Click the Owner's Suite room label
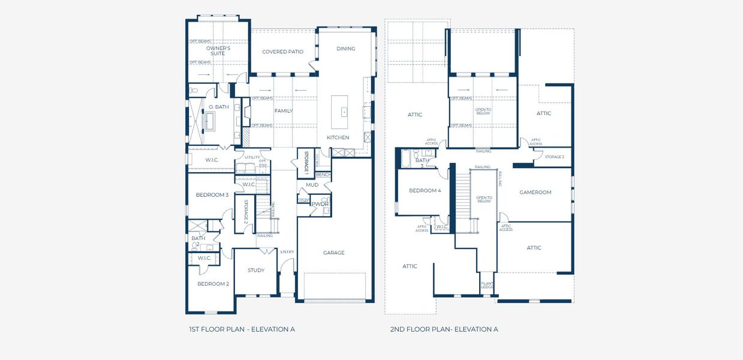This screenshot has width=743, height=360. pyautogui.click(x=218, y=50)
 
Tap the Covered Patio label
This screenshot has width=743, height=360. pyautogui.click(x=282, y=52)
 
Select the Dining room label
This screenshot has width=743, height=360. pyautogui.click(x=345, y=49)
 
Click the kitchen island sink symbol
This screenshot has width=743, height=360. pyautogui.click(x=344, y=112)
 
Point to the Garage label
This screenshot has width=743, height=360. pyautogui.click(x=334, y=253)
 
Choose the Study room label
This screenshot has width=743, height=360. pyautogui.click(x=256, y=270)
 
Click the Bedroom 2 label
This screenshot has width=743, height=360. pyautogui.click(x=213, y=284)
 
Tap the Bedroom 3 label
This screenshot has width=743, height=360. pyautogui.click(x=212, y=195)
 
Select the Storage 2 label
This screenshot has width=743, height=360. pyautogui.click(x=245, y=214)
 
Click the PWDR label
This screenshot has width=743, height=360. pyautogui.click(x=318, y=204)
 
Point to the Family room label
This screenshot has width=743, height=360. pyautogui.click(x=284, y=111)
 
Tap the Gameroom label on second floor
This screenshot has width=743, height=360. pyautogui.click(x=535, y=193)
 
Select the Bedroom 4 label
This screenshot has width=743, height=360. pyautogui.click(x=425, y=191)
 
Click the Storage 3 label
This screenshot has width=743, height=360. pyautogui.click(x=554, y=157)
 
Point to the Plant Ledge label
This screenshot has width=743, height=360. pyautogui.click(x=487, y=285)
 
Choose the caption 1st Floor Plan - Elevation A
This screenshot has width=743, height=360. pyautogui.click(x=242, y=329)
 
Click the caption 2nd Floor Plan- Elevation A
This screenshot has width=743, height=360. pyautogui.click(x=444, y=329)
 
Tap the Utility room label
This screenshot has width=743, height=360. pyautogui.click(x=252, y=157)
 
